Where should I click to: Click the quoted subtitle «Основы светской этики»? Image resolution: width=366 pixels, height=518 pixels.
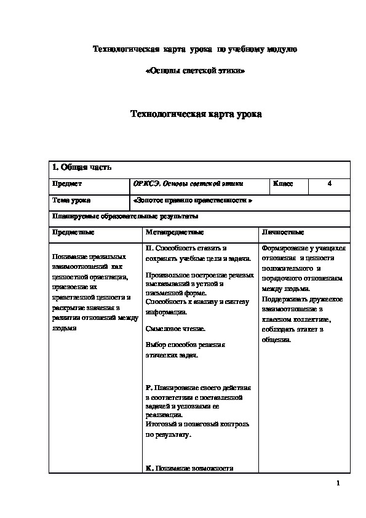[x=194, y=71]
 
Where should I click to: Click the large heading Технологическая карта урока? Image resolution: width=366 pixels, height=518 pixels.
[x=196, y=114]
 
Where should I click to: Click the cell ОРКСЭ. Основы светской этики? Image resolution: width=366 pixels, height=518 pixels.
[x=188, y=183]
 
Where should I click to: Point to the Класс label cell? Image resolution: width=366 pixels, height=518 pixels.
[x=283, y=183]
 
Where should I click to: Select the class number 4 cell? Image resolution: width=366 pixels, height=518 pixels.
[x=330, y=183]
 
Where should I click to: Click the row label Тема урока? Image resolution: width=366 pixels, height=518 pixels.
[x=71, y=201]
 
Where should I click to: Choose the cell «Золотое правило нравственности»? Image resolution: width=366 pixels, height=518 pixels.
[x=193, y=201]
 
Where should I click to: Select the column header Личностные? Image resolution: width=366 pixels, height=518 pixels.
[x=283, y=233]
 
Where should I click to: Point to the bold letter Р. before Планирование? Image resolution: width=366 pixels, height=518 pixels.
[x=148, y=388]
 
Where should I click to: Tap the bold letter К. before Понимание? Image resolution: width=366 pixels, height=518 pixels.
[x=149, y=468]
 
